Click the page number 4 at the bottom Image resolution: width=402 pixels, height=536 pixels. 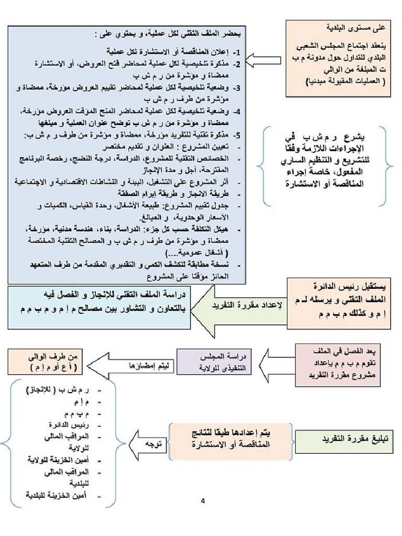[x=203, y=501]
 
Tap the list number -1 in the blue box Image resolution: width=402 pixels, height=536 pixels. [x=237, y=53]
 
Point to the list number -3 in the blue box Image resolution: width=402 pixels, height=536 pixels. [x=237, y=88]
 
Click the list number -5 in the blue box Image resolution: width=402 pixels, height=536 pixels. [x=237, y=135]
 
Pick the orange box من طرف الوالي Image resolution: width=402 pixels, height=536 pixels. [x=44, y=362]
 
